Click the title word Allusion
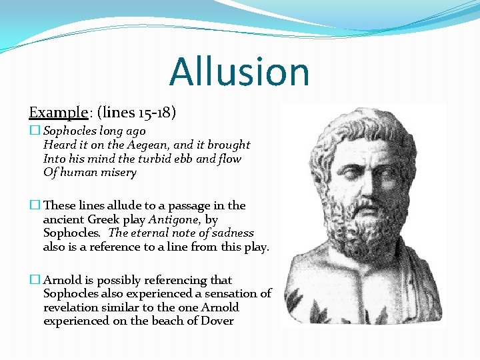pos(239,72)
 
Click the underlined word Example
pos(58,112)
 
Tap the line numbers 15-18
pos(155,112)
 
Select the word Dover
pos(219,321)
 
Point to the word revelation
pos(71,307)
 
